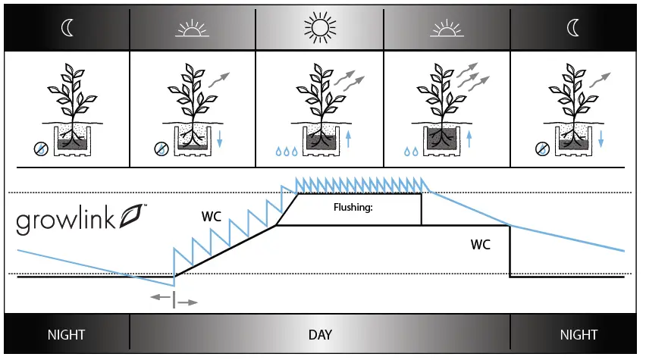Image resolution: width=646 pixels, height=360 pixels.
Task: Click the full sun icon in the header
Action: coord(318,30)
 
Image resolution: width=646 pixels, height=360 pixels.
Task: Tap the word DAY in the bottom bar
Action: coord(320,334)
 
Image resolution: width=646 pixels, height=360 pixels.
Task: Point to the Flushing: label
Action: coord(353,206)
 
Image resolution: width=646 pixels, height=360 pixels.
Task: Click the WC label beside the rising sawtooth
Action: coord(212,216)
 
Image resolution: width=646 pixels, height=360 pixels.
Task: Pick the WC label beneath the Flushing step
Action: coord(480,245)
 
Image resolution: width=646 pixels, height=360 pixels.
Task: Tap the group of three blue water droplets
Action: coord(286,152)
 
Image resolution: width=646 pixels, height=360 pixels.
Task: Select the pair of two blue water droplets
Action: coord(411,152)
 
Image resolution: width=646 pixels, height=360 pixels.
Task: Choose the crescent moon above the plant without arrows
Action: coord(67,30)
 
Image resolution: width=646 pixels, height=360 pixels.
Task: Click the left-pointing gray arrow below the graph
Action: coord(161,298)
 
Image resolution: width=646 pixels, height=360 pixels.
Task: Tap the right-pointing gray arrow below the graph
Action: coord(187,302)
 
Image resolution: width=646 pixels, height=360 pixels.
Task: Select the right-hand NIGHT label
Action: coord(579,334)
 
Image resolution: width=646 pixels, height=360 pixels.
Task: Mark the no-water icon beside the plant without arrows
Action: coord(40,149)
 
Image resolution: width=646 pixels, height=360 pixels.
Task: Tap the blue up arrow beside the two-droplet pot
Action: coord(470,139)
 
